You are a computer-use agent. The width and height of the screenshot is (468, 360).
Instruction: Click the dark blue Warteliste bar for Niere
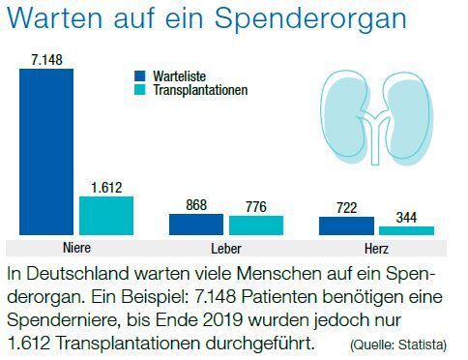[46, 151]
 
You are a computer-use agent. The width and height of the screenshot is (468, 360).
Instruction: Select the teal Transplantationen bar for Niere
[105, 215]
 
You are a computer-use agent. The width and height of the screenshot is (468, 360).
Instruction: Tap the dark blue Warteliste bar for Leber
[195, 225]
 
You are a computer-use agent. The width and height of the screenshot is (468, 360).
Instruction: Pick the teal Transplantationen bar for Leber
[256, 225]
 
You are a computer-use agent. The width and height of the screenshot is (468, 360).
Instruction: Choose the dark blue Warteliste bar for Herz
[345, 225]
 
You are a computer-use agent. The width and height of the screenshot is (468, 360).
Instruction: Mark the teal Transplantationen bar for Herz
[406, 230]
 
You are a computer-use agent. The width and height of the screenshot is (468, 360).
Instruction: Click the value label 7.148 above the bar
[46, 60]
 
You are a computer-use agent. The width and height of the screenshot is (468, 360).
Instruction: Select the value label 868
[196, 205]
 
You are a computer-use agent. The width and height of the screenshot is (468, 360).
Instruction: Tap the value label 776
[256, 206]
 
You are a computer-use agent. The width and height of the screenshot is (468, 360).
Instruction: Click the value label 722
[345, 208]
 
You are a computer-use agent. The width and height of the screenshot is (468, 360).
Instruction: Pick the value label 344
[406, 217]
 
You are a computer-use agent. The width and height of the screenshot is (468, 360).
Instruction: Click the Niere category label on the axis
[75, 247]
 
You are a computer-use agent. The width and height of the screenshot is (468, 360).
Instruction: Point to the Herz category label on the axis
[375, 247]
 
